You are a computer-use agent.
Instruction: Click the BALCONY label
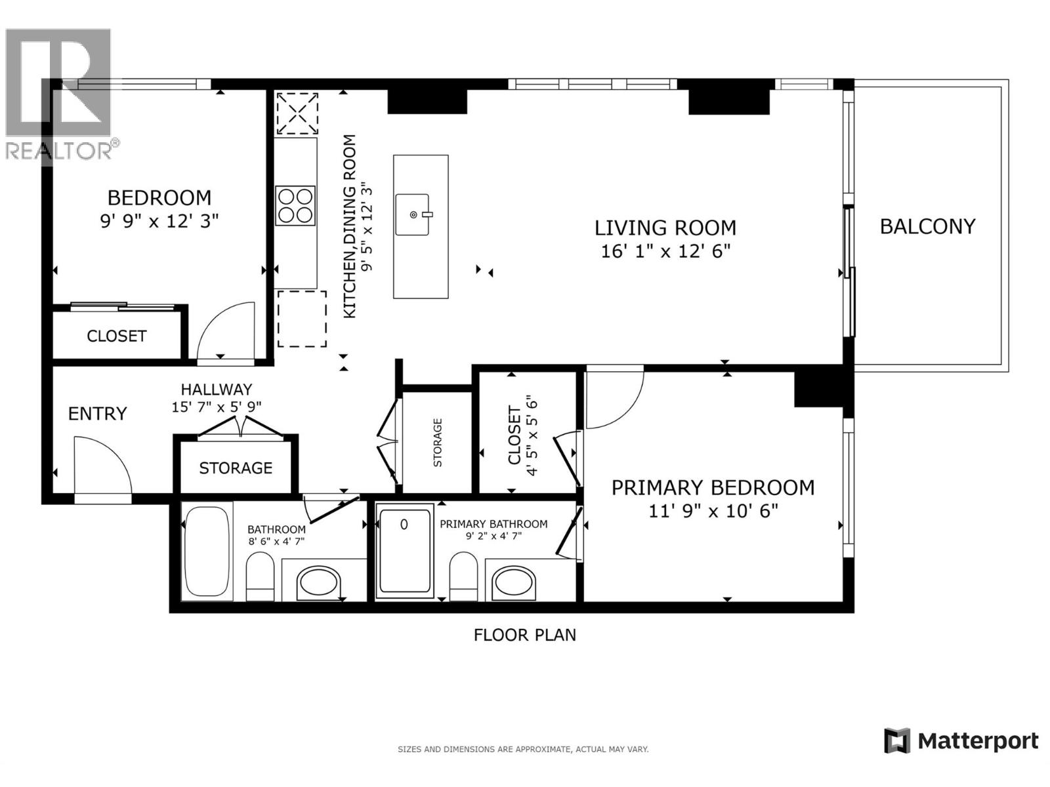[x=927, y=226]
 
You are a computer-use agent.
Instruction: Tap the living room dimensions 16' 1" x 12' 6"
[x=665, y=251]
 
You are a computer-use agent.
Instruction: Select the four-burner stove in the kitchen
[x=295, y=206]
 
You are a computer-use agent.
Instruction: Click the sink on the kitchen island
[x=413, y=214]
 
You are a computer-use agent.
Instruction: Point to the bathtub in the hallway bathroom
[x=207, y=551]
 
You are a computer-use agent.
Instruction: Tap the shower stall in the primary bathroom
[x=405, y=550]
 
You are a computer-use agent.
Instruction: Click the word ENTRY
[x=97, y=414]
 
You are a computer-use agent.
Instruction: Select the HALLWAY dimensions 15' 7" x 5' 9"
[x=217, y=407]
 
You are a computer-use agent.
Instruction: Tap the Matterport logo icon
[x=896, y=741]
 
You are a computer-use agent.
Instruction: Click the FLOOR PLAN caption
[x=524, y=635]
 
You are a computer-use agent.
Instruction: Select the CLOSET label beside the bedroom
[x=116, y=336]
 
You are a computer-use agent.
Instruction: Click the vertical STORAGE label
[x=438, y=443]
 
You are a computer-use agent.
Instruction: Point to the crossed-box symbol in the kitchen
[x=297, y=113]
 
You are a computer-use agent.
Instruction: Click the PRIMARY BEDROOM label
[x=713, y=487]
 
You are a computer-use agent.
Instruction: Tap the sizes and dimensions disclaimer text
[x=523, y=749]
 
